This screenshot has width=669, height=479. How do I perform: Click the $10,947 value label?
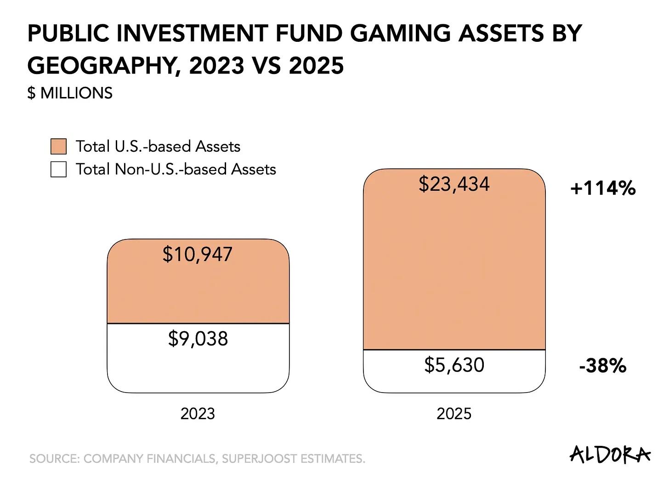click(x=198, y=254)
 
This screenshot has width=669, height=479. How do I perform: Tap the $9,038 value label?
click(x=198, y=339)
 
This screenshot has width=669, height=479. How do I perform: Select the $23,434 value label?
click(x=454, y=184)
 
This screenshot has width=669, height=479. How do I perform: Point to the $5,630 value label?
click(x=454, y=365)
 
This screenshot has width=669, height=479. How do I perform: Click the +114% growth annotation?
click(x=603, y=188)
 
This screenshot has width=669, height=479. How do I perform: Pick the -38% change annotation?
click(x=603, y=366)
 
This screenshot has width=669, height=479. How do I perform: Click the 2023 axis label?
click(x=198, y=414)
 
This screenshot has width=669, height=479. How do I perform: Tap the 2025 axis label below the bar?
click(x=454, y=414)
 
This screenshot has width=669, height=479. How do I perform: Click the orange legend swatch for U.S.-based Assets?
click(x=58, y=147)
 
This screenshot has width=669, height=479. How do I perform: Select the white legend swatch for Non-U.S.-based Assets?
click(x=58, y=169)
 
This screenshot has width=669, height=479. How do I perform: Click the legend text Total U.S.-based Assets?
click(x=158, y=147)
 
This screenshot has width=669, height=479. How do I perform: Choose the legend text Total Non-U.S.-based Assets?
click(x=176, y=169)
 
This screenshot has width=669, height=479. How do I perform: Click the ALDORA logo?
click(x=610, y=454)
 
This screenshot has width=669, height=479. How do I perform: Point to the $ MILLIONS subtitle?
click(x=70, y=93)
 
